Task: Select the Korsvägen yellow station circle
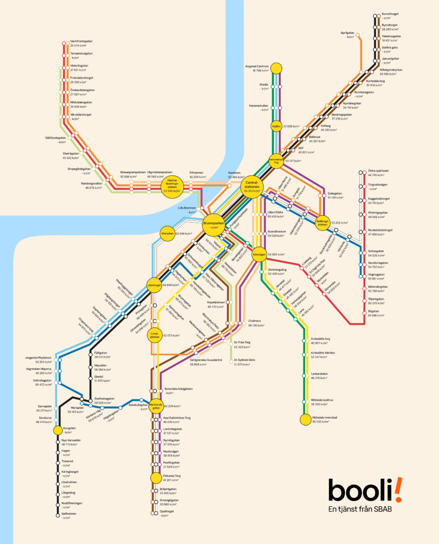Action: click(259, 254)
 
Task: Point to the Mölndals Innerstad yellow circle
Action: click(305, 420)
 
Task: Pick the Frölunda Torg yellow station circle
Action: click(155, 478)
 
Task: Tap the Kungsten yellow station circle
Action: click(58, 430)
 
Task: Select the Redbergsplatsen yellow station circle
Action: click(322, 223)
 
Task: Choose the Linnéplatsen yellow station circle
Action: click(155, 336)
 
